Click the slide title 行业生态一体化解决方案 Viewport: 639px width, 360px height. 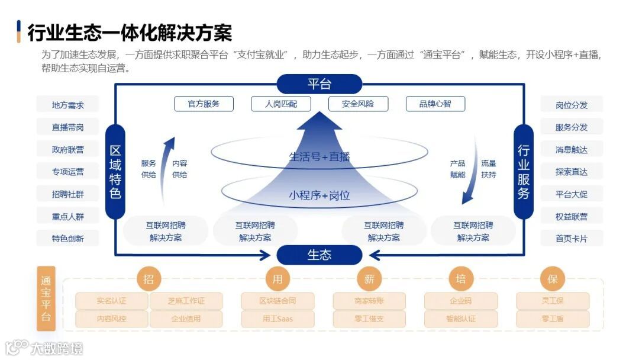[x=130, y=32]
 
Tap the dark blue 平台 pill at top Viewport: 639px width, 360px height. [x=319, y=84]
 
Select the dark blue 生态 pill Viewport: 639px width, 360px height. [x=319, y=255]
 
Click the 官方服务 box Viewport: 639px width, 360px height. [x=204, y=104]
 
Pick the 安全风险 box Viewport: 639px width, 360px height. [x=358, y=104]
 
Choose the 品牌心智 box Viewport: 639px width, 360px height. [x=435, y=104]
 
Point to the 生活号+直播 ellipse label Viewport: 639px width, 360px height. [x=319, y=157]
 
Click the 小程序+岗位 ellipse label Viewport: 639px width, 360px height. [x=319, y=195]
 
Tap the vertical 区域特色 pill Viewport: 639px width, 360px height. [x=115, y=171]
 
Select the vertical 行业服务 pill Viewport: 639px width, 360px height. [x=523, y=171]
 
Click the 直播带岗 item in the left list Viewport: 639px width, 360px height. [x=67, y=127]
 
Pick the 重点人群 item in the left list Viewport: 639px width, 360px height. [x=67, y=217]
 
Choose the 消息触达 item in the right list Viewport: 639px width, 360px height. [x=571, y=150]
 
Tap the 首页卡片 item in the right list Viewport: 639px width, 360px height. [x=571, y=239]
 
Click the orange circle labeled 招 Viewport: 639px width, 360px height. [x=149, y=279]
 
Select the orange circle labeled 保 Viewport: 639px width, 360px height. [x=553, y=279]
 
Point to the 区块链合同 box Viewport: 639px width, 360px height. [x=277, y=301]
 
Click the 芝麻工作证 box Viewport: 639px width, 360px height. [x=186, y=301]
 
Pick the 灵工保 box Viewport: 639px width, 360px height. [x=553, y=301]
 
